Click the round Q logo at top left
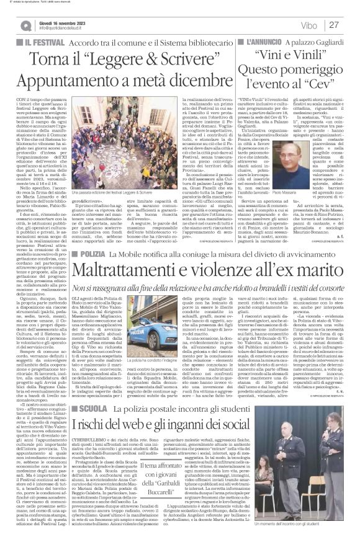(x=25, y=25)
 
